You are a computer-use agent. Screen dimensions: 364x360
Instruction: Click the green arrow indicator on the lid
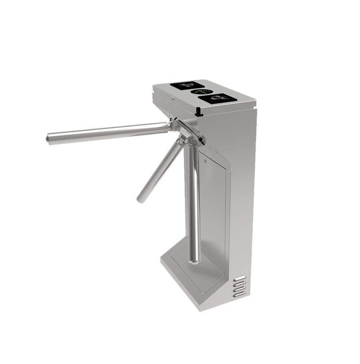pos(198,92)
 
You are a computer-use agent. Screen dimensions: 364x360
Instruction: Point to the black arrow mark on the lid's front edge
pos(199,110)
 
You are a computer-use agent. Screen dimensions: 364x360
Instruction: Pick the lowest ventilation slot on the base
pos(239,295)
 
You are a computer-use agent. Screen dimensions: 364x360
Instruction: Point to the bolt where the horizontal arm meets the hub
pos(173,125)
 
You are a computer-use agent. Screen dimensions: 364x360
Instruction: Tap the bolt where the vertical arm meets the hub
pos(193,141)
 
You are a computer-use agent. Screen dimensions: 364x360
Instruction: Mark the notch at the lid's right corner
pos(255,107)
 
